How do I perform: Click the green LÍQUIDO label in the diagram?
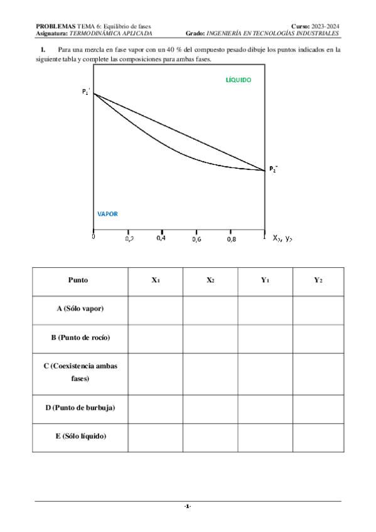tap(238, 80)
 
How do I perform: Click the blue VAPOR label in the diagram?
tap(107, 213)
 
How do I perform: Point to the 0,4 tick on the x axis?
tap(161, 238)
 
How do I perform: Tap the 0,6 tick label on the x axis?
tap(196, 239)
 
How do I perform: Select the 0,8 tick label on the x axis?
tap(231, 239)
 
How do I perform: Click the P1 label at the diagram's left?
tap(86, 92)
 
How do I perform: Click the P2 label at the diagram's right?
tap(273, 169)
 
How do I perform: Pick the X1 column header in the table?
tap(155, 281)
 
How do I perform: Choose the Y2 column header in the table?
tap(318, 281)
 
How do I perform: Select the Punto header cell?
tap(78, 281)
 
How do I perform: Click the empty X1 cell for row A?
tap(155, 309)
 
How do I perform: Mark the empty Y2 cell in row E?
tap(318, 436)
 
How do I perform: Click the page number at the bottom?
tap(188, 506)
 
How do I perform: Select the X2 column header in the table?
tap(210, 281)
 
